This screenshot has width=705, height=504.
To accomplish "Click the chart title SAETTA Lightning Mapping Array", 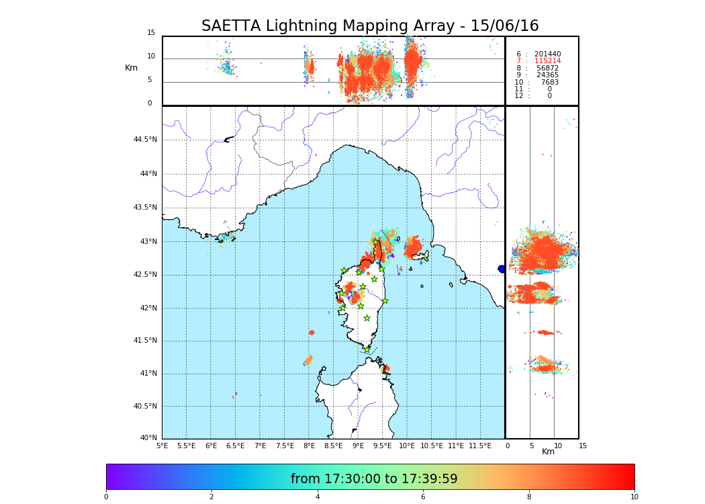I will point(370,26).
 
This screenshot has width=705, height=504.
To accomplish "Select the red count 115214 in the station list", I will point(547,61).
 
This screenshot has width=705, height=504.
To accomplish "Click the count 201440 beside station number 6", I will point(547,54).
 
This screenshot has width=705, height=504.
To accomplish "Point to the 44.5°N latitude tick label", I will point(145,140).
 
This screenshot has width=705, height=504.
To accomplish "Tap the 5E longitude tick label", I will point(162,446).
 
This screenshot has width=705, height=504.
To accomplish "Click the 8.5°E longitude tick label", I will point(333,446).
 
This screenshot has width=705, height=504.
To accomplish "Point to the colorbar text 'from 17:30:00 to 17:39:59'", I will point(374,479).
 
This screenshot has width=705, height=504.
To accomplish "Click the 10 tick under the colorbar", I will point(634,497).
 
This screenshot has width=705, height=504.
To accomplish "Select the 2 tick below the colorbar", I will point(211,497).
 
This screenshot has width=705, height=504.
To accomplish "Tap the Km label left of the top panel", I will point(131,68).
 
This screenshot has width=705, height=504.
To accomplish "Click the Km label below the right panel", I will point(548,452).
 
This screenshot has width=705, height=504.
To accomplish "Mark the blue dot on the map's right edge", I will point(502,269).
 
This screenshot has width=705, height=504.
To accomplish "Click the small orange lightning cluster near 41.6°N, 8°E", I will point(312,332).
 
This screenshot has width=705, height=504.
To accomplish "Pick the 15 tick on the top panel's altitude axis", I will point(151,33).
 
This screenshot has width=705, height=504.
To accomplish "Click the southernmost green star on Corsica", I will point(367,349).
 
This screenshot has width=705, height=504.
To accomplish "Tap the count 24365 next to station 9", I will point(547,75).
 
